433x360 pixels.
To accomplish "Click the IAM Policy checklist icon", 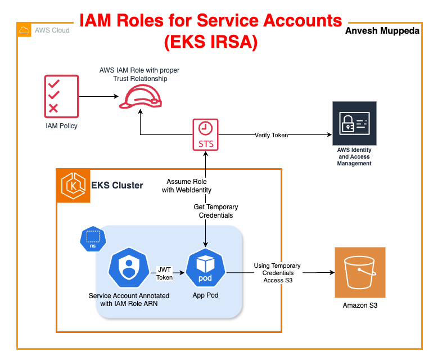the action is (x=62, y=96).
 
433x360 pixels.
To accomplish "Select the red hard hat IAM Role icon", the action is (x=141, y=96).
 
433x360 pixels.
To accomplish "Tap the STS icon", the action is (x=205, y=134).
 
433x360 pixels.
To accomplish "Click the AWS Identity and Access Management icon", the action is (x=354, y=123).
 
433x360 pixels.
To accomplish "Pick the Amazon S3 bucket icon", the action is (x=360, y=272).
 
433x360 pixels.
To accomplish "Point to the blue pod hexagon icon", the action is (x=205, y=268).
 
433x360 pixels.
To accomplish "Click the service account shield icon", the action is (x=129, y=268).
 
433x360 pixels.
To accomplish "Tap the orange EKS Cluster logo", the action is (x=73, y=186).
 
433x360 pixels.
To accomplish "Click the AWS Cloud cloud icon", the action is (x=24, y=30).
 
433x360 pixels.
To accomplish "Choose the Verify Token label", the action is (x=271, y=135).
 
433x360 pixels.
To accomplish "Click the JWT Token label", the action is (x=164, y=273).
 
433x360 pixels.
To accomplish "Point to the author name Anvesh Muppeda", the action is (x=382, y=31).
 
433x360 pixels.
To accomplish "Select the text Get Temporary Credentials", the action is (x=216, y=211).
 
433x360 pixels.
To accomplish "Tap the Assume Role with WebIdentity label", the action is (x=187, y=186).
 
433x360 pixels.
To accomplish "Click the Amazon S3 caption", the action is (x=360, y=305).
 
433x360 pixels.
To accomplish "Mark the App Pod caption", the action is (x=205, y=295).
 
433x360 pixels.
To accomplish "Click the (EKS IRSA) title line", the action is (x=211, y=42).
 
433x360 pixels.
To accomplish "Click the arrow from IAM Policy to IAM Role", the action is (x=99, y=96).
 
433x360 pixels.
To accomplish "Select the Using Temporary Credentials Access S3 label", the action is (x=277, y=273).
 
